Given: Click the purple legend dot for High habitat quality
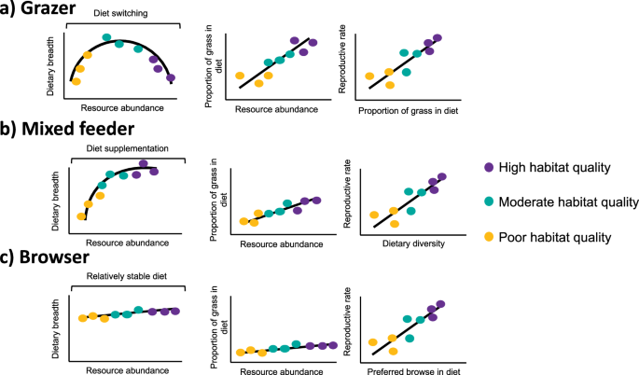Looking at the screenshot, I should pyautogui.click(x=490, y=167).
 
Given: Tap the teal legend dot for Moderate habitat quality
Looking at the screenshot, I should pyautogui.click(x=490, y=201).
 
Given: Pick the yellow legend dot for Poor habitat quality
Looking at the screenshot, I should pyautogui.click(x=490, y=236).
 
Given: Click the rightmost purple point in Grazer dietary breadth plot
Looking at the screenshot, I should pyautogui.click(x=171, y=78).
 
